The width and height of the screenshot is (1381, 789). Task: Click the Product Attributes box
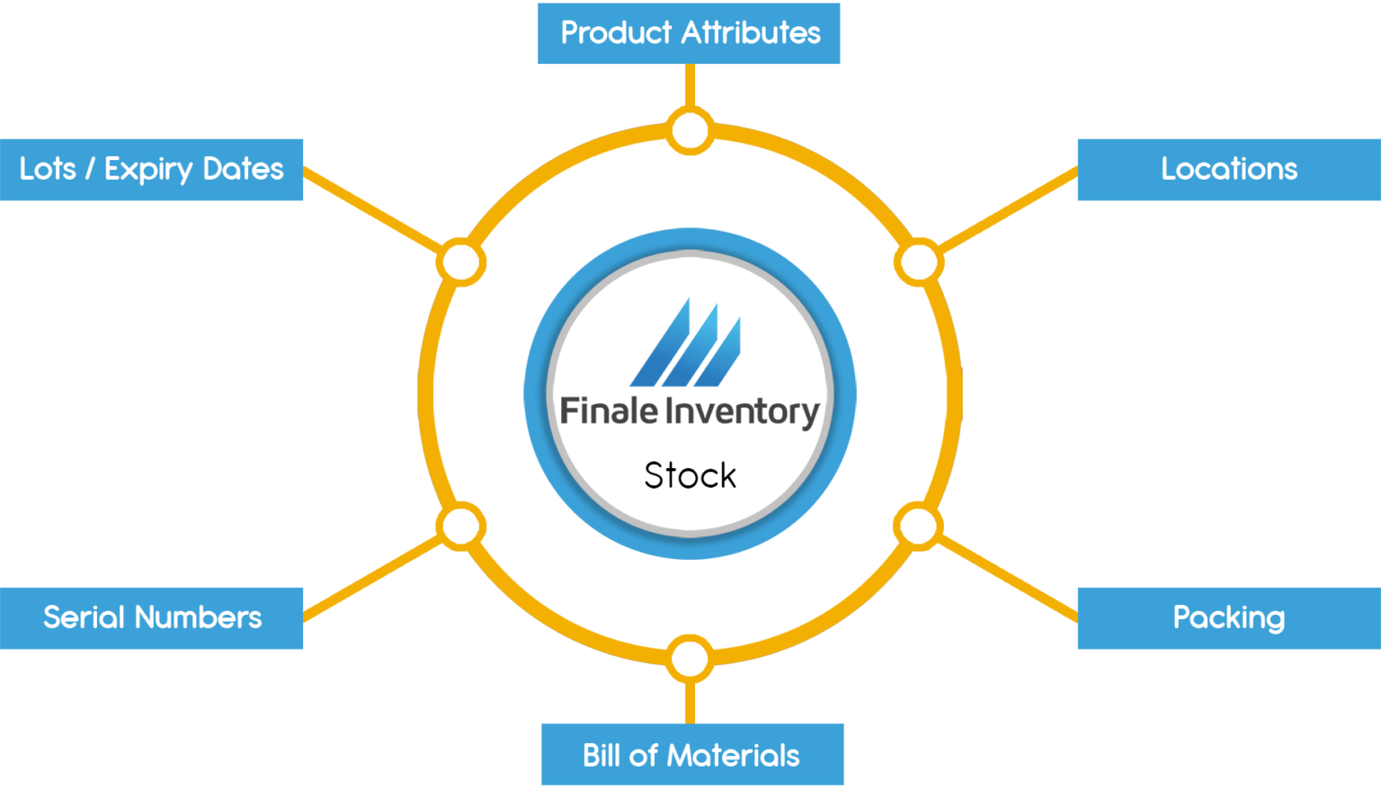pyautogui.click(x=689, y=33)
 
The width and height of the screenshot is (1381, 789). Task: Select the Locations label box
pyautogui.click(x=1228, y=169)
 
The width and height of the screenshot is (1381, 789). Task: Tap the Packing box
pyautogui.click(x=1228, y=617)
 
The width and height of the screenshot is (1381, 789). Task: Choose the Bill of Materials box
pyautogui.click(x=691, y=755)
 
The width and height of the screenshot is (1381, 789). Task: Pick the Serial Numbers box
pyautogui.click(x=152, y=617)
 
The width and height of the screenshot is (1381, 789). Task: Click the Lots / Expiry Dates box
pyautogui.click(x=152, y=169)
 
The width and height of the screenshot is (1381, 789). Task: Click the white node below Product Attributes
pyautogui.click(x=690, y=130)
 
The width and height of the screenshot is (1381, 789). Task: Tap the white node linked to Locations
pyautogui.click(x=918, y=262)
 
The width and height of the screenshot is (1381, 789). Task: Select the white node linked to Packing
pyautogui.click(x=918, y=527)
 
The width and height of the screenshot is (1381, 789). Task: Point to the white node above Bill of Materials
pyautogui.click(x=690, y=659)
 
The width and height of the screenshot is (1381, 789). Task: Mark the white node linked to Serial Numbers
pyautogui.click(x=461, y=527)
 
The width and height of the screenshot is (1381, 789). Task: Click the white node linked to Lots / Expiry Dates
pyautogui.click(x=461, y=262)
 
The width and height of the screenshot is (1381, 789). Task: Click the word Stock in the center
pyautogui.click(x=690, y=475)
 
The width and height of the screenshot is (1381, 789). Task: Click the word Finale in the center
pyautogui.click(x=609, y=411)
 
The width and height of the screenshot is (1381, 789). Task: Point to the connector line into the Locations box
pyautogui.click(x=1007, y=210)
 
